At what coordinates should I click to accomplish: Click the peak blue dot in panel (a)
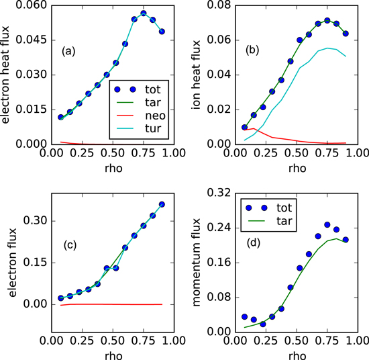click(144, 13)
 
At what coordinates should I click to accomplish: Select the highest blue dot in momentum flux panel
click(327, 224)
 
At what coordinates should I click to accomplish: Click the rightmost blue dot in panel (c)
click(162, 204)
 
